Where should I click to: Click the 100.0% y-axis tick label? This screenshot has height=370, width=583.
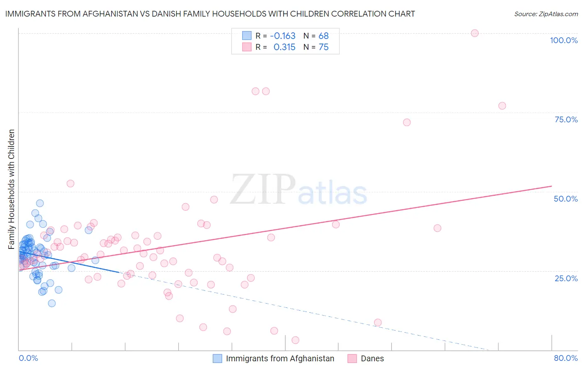[x=564, y=40]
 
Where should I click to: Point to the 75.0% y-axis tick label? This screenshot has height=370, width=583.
[x=566, y=119]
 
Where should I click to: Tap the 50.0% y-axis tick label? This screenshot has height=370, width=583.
[x=566, y=199]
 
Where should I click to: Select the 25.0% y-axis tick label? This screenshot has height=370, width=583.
[x=566, y=278]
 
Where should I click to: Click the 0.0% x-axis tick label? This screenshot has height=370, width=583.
[x=28, y=358]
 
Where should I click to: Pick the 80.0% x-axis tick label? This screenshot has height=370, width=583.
[x=566, y=358]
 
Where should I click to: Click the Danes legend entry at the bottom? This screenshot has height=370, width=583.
[x=372, y=358]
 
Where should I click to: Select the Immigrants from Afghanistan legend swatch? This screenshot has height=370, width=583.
[x=217, y=358]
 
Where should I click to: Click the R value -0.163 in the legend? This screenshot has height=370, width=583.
[x=282, y=36]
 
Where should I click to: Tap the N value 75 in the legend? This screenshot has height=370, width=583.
[x=323, y=47]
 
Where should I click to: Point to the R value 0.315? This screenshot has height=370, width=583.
[x=284, y=47]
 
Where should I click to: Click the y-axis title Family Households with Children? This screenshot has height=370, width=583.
[x=11, y=189]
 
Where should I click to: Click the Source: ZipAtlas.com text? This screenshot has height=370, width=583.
[x=546, y=14]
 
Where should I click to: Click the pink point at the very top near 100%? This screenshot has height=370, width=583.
[x=475, y=33]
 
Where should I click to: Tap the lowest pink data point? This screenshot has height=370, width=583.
[x=295, y=340]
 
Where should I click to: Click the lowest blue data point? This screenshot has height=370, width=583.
[x=52, y=303]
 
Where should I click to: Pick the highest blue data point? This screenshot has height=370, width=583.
[x=40, y=203]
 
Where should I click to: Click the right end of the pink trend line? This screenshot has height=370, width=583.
[x=551, y=186]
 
